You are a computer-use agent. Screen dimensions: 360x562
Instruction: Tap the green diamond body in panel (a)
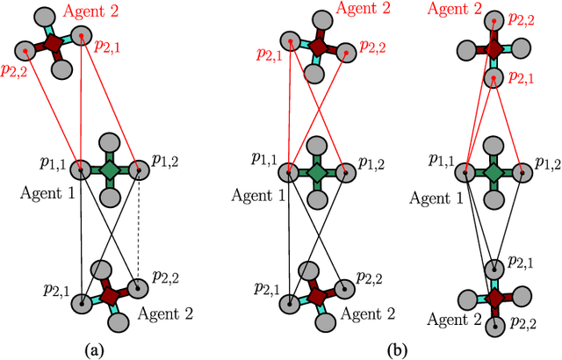[x=109, y=169]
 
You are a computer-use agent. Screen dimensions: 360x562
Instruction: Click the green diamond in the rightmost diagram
[x=494, y=169]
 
